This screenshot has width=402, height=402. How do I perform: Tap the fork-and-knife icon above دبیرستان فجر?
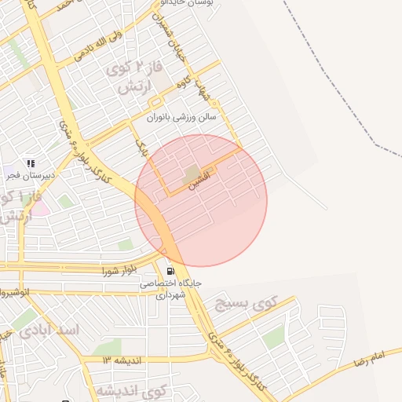30,163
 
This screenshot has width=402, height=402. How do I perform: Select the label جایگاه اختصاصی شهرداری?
171,289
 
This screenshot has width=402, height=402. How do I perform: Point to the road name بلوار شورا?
119,272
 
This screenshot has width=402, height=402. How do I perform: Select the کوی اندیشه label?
133,390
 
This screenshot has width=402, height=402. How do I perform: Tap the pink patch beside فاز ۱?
39,209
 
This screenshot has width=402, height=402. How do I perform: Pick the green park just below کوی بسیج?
274,338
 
